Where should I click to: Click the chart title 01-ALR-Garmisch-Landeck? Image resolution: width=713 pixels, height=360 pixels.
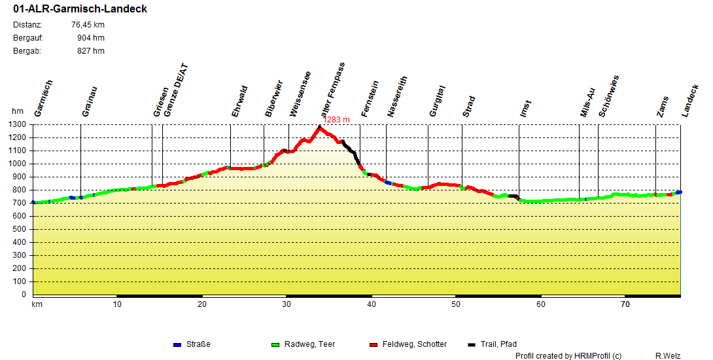pyautogui.click(x=80, y=9)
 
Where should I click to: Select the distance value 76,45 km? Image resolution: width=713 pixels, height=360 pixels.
pyautogui.click(x=88, y=25)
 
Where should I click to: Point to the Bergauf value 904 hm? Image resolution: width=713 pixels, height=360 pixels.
pyautogui.click(x=90, y=38)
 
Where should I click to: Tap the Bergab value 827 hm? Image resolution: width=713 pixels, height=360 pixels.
pyautogui.click(x=90, y=51)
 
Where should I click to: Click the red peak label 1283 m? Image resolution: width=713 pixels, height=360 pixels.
pyautogui.click(x=337, y=120)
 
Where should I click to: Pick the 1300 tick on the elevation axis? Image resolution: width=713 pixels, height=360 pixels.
pyautogui.click(x=17, y=124)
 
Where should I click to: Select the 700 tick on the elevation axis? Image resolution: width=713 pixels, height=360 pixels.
pyautogui.click(x=19, y=203)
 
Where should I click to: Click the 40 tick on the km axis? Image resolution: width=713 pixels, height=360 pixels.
pyautogui.click(x=372, y=304)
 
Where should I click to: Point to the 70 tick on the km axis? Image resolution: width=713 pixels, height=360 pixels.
pyautogui.click(x=626, y=304)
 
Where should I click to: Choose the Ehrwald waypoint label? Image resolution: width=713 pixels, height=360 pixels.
pyautogui.click(x=239, y=101)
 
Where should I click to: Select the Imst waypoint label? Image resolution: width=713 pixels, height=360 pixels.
pyautogui.click(x=525, y=109)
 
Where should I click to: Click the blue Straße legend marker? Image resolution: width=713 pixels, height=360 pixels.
pyautogui.click(x=177, y=344)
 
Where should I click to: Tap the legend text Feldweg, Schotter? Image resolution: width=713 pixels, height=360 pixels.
pyautogui.click(x=415, y=344)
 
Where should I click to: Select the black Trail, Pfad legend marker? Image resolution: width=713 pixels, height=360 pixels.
pyautogui.click(x=472, y=344)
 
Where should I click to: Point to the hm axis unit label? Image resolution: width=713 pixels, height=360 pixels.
pyautogui.click(x=17, y=112)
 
